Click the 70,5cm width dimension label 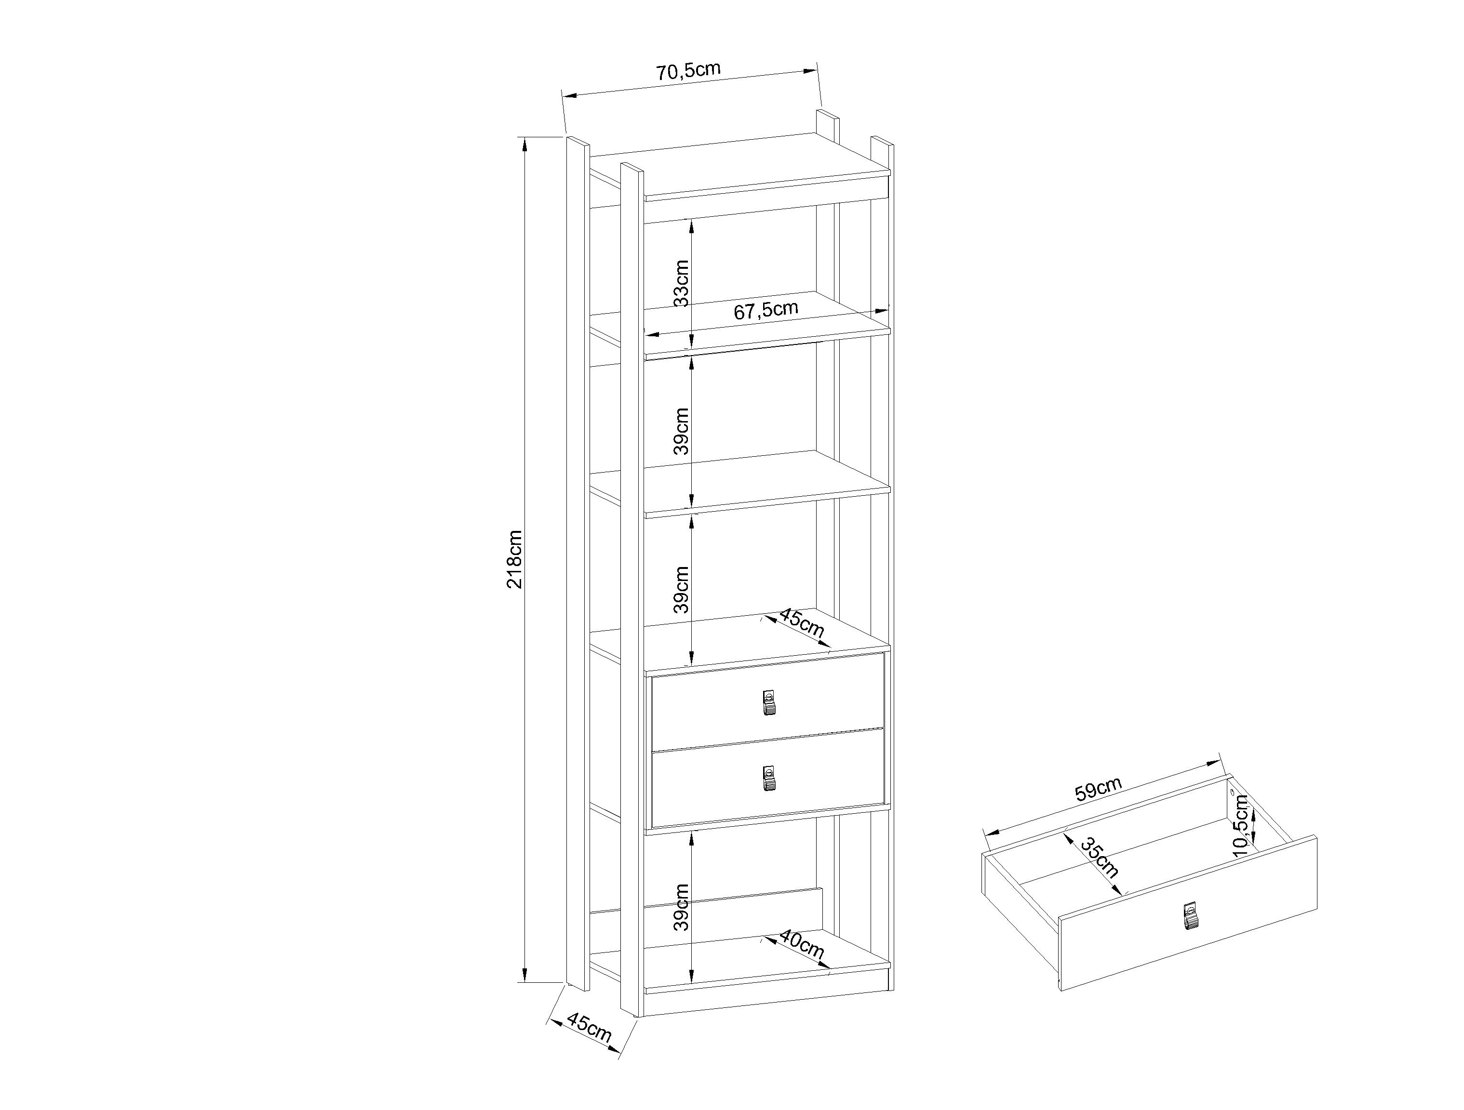[688, 70]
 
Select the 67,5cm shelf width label [766, 309]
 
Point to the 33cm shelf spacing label [681, 283]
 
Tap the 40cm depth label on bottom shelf [802, 945]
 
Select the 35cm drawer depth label [1099, 858]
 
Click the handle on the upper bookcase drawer [768, 702]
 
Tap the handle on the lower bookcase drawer [768, 779]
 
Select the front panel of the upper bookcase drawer [768, 701]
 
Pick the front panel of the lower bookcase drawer [768, 778]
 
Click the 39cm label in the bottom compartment [681, 907]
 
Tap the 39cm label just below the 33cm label [681, 431]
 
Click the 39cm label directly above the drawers [681, 589]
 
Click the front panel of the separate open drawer [1188, 913]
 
